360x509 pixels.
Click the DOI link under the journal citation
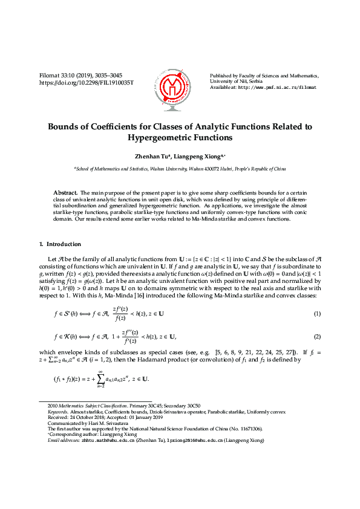[x=86, y=82]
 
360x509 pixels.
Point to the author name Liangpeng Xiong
[x=200, y=156]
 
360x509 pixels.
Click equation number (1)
[x=316, y=313]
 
